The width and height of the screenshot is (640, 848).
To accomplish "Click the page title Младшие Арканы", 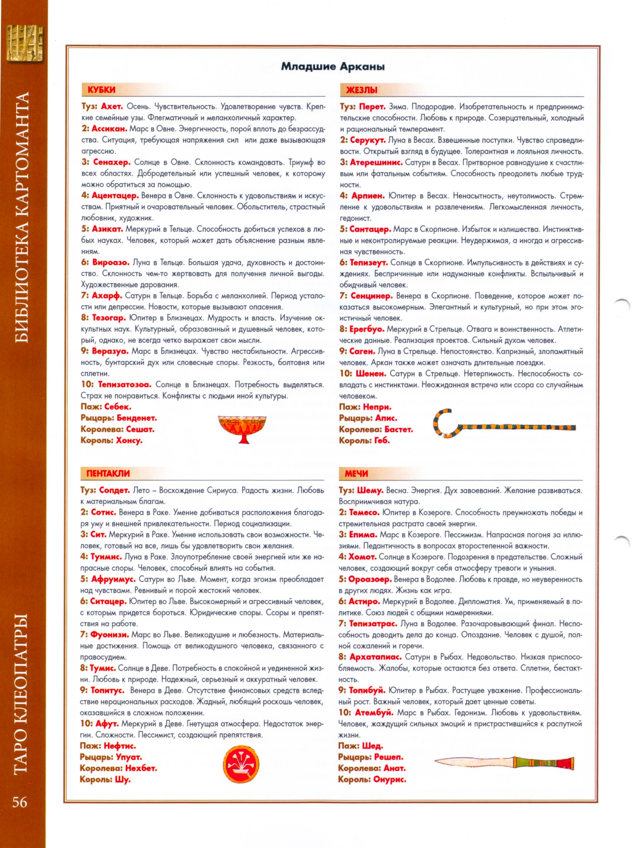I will click(x=333, y=67).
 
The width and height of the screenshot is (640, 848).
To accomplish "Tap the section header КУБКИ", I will click(x=101, y=90).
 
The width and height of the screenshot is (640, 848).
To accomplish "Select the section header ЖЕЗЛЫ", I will click(x=361, y=90).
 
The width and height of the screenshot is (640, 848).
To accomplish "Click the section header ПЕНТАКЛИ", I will click(x=108, y=473).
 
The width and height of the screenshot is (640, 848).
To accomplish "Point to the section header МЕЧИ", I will click(x=356, y=473).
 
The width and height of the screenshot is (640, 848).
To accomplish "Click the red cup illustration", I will click(x=242, y=428).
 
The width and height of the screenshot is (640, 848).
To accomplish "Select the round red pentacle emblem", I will click(x=241, y=764).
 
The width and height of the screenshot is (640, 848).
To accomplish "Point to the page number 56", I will click(x=20, y=802).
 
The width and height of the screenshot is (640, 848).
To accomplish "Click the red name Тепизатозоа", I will click(x=124, y=384).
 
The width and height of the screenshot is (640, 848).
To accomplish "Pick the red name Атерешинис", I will click(x=376, y=162).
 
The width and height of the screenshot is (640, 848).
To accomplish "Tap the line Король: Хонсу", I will click(x=112, y=440).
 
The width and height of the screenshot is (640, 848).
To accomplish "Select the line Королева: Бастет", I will click(x=376, y=429).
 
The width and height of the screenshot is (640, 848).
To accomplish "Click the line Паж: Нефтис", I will click(x=108, y=746).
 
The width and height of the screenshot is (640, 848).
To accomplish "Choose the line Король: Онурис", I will click(x=372, y=779).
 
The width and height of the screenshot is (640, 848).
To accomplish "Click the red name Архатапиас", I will click(x=375, y=657).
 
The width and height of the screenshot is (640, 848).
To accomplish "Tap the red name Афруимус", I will click(x=113, y=579).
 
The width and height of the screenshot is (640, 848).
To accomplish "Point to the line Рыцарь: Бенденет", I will click(x=119, y=418).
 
